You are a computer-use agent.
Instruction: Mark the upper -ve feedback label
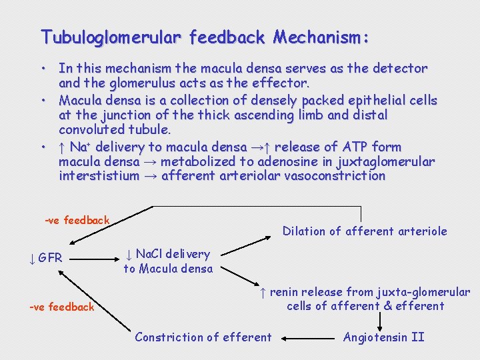click(77, 220)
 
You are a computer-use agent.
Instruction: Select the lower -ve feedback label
click(62, 307)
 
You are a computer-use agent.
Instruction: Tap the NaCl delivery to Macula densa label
click(168, 261)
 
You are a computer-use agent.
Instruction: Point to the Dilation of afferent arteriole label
click(365, 231)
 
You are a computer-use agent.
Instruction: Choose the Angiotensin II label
click(383, 337)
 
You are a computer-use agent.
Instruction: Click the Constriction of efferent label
click(203, 337)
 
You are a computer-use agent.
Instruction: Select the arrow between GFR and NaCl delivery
click(93, 257)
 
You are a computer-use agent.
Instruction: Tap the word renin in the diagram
click(285, 292)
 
